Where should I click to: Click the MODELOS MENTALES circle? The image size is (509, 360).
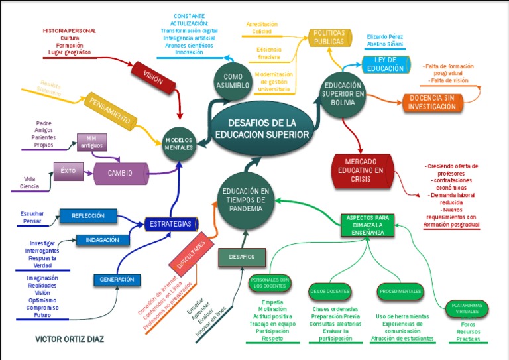click(x=179, y=144)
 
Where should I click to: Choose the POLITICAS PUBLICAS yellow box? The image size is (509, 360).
click(x=329, y=38)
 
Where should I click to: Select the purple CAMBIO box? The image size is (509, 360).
click(x=121, y=173)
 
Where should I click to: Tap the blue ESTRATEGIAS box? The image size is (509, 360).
click(x=170, y=224)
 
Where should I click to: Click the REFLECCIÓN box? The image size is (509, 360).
click(x=88, y=215)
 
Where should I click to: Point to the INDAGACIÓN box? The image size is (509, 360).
click(x=102, y=239)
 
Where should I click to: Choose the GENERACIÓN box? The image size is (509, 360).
click(x=117, y=280)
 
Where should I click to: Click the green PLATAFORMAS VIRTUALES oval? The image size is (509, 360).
click(x=467, y=308)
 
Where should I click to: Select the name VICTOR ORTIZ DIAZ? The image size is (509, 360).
click(x=69, y=339)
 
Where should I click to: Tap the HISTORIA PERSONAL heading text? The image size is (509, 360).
click(x=69, y=30)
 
